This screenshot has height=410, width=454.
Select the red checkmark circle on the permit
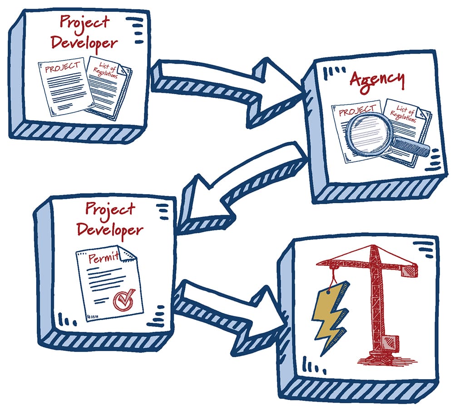(x=122, y=299)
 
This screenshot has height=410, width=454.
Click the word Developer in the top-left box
(x=84, y=43)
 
